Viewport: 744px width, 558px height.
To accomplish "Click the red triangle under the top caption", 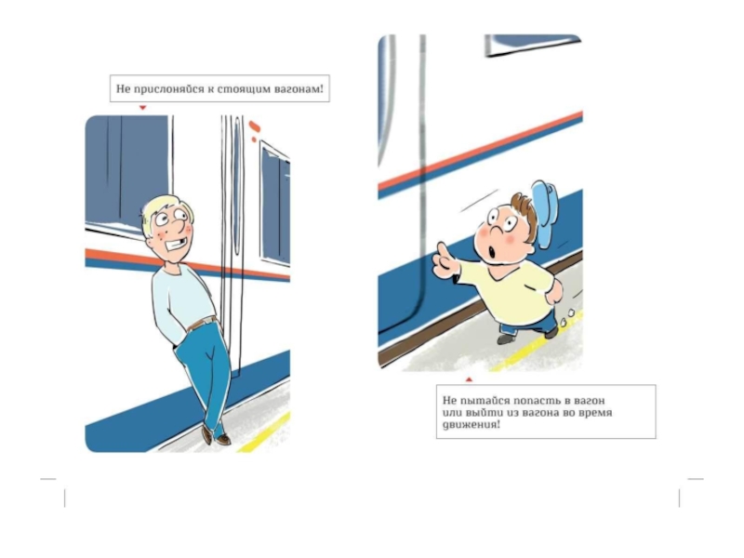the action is click(142, 108).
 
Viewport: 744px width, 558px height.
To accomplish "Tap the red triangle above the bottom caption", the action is click(469, 379).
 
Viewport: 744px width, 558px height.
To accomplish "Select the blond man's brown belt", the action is click(202, 323).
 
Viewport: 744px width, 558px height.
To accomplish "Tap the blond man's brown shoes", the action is click(215, 436).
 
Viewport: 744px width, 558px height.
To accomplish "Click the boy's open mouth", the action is click(492, 251).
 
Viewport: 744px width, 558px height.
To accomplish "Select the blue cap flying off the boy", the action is click(545, 212).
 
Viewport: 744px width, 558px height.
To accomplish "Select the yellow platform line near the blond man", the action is click(264, 432).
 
